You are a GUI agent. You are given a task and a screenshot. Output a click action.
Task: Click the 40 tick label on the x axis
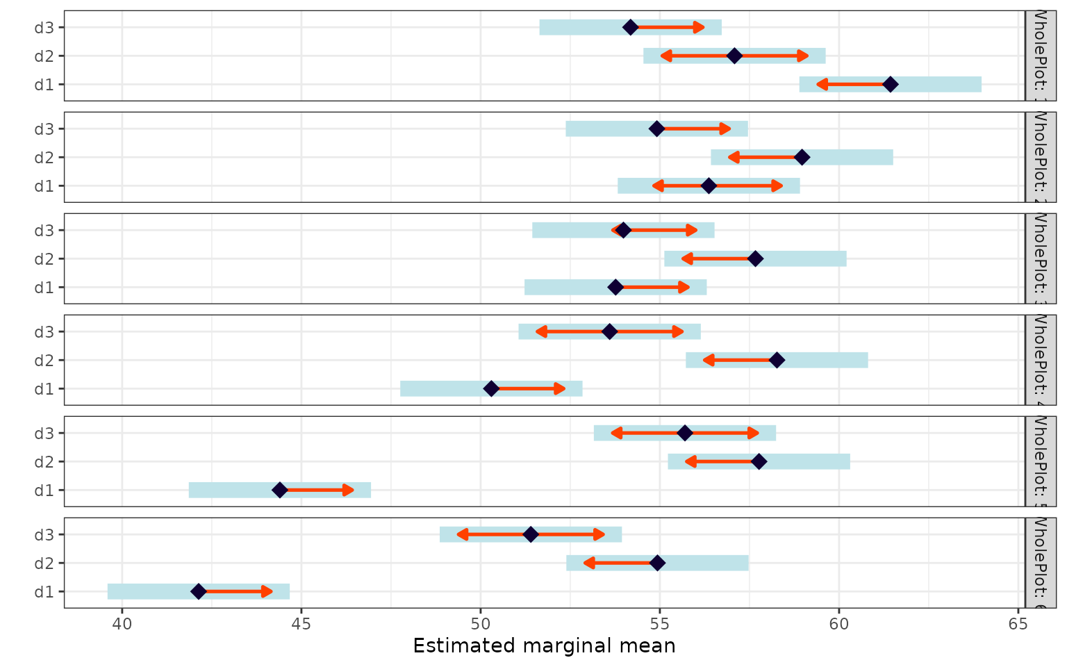[122, 624]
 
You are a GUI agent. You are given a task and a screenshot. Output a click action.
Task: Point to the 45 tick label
[301, 624]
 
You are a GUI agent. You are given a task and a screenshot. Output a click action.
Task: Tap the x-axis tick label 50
[480, 624]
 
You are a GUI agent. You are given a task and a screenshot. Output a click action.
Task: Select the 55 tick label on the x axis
[659, 624]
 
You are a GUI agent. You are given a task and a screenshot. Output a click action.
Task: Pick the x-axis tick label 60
[838, 624]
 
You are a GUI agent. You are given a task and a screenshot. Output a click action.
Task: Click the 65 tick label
[1018, 624]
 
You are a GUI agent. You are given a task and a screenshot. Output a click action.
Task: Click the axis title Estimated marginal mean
[544, 646]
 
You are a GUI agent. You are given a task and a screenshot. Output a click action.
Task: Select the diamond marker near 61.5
[890, 84]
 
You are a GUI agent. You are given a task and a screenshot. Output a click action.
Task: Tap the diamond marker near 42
[199, 591]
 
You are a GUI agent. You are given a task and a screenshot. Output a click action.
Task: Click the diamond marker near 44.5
[279, 490]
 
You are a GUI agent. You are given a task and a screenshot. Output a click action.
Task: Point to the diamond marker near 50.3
[491, 388]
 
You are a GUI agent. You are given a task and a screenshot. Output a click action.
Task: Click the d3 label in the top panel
[44, 27]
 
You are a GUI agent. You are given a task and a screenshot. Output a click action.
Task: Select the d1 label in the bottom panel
[44, 591]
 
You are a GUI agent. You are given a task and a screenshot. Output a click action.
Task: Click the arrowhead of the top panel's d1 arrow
[821, 84]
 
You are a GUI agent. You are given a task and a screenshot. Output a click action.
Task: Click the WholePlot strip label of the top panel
[1040, 56]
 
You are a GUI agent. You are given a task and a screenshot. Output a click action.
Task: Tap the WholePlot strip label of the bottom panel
[1040, 563]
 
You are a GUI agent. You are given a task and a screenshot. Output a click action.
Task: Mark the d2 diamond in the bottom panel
[657, 563]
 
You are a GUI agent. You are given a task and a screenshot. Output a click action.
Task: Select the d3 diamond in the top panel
[630, 27]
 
